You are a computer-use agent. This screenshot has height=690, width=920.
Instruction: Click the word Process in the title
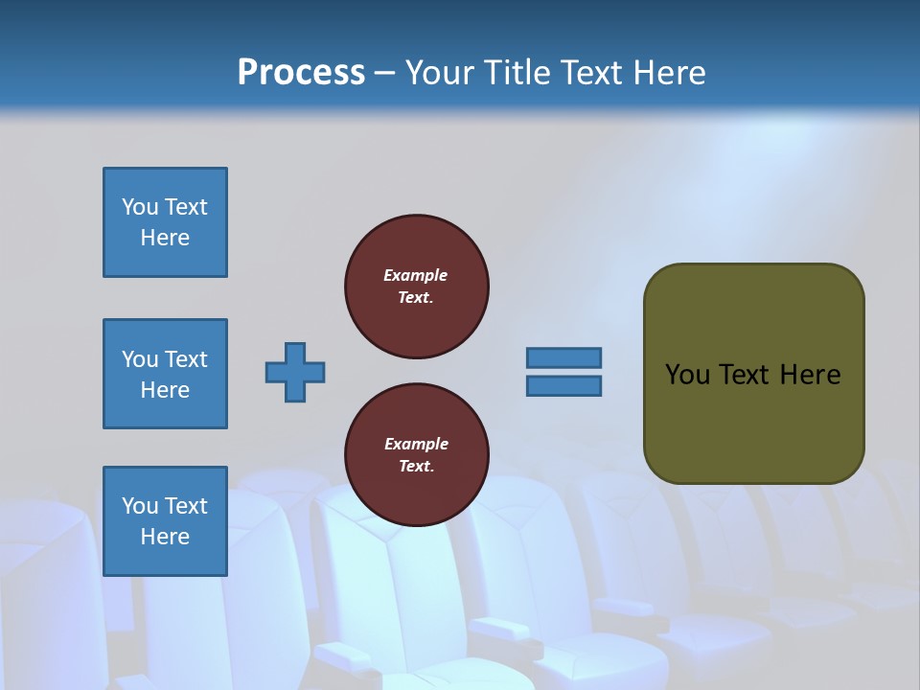pos(301,72)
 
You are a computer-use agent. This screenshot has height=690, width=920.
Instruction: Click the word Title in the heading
pos(517,72)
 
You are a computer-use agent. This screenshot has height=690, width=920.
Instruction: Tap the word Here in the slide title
pos(666,72)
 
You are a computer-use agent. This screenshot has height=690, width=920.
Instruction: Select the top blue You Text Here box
pos(165,222)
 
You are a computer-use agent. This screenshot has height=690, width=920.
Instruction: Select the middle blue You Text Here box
pos(165,374)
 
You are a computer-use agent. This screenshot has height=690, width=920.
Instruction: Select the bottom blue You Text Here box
pos(165,521)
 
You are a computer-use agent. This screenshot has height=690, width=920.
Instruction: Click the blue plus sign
pos(295,372)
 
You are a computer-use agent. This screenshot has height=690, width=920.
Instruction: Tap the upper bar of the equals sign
pos(563,357)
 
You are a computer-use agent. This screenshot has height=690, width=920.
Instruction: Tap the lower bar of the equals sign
pos(563,386)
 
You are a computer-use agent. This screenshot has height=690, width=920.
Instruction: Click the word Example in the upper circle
pos(416,275)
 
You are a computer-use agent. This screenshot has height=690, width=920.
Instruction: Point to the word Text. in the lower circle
pos(416,467)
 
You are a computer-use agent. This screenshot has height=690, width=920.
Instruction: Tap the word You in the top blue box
pos(140,207)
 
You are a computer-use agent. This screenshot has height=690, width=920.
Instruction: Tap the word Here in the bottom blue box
pos(165,537)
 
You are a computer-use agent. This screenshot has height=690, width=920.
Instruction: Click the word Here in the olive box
pos(810,375)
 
